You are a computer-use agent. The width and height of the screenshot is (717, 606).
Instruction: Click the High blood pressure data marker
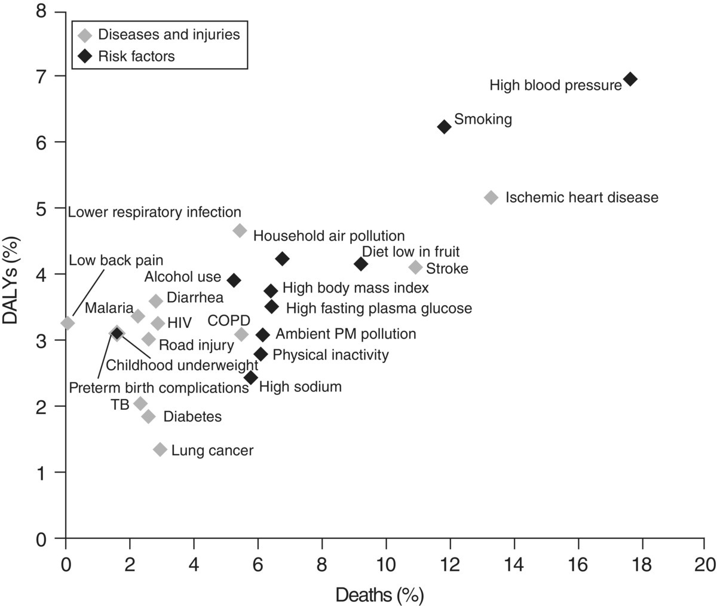(630, 79)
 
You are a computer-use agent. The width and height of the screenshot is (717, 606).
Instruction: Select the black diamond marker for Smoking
(444, 126)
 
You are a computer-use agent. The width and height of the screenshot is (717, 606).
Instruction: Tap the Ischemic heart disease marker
(491, 197)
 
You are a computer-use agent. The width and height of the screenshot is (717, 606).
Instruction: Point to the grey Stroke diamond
(415, 267)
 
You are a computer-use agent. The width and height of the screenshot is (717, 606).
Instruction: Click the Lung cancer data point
(160, 449)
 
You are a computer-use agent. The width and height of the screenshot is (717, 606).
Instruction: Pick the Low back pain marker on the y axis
(68, 323)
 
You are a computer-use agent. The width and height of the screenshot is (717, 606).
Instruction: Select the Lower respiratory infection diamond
(240, 230)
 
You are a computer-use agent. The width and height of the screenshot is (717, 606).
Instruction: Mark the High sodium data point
(251, 377)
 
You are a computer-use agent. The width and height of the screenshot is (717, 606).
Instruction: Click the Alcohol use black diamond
(234, 279)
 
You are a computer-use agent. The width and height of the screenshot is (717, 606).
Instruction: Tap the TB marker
(140, 404)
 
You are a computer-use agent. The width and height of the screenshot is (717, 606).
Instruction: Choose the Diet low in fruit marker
(361, 264)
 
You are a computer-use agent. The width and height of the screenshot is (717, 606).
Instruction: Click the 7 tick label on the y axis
(45, 77)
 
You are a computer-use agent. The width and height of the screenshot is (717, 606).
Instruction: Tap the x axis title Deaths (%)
(380, 579)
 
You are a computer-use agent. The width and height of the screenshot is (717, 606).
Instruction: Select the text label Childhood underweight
(182, 365)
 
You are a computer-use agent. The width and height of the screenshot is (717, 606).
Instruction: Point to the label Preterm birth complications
(158, 387)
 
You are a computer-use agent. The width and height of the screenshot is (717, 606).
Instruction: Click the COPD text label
(229, 321)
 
